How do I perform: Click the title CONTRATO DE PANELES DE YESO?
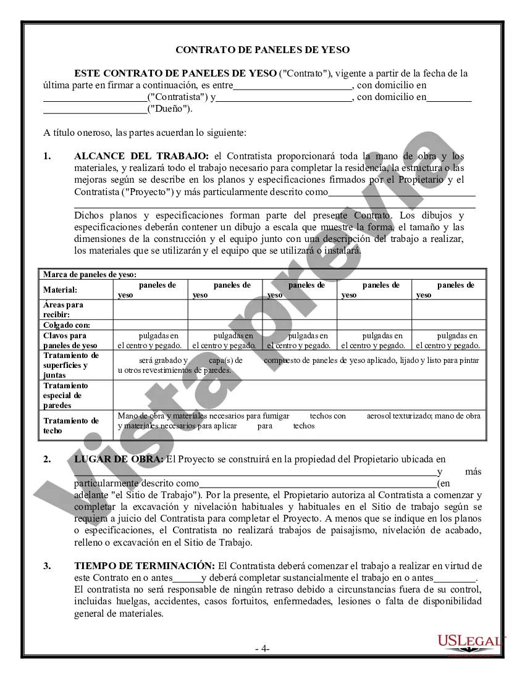pos(262,50)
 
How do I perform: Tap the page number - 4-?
pos(262,649)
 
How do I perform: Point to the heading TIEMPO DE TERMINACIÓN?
pos(145,565)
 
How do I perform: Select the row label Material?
pos(61,290)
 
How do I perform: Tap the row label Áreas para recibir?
pos(63,309)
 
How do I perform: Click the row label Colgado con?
pos(67,325)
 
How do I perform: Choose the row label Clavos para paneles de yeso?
pos(70,340)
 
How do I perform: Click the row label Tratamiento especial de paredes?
pos(65,395)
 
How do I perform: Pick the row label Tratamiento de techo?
pos(71,425)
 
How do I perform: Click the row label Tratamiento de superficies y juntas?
pos(71,365)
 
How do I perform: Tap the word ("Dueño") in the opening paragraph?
pos(169,109)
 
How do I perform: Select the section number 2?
pos(47,459)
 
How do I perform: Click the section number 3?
pos(47,565)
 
